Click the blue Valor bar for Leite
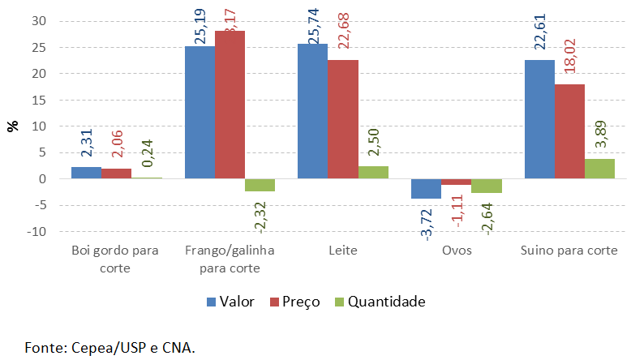pyautogui.click(x=312, y=111)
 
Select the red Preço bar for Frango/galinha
pyautogui.click(x=230, y=105)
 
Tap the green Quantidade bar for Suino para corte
pyautogui.click(x=599, y=169)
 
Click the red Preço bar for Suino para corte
pyautogui.click(x=569, y=131)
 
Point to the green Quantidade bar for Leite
pyautogui.click(x=373, y=173)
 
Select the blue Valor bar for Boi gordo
pyautogui.click(x=86, y=173)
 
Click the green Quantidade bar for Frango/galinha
pyautogui.click(x=260, y=185)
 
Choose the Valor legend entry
pyautogui.click(x=230, y=302)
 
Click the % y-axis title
pyautogui.click(x=12, y=126)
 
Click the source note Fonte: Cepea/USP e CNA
pyautogui.click(x=110, y=348)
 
